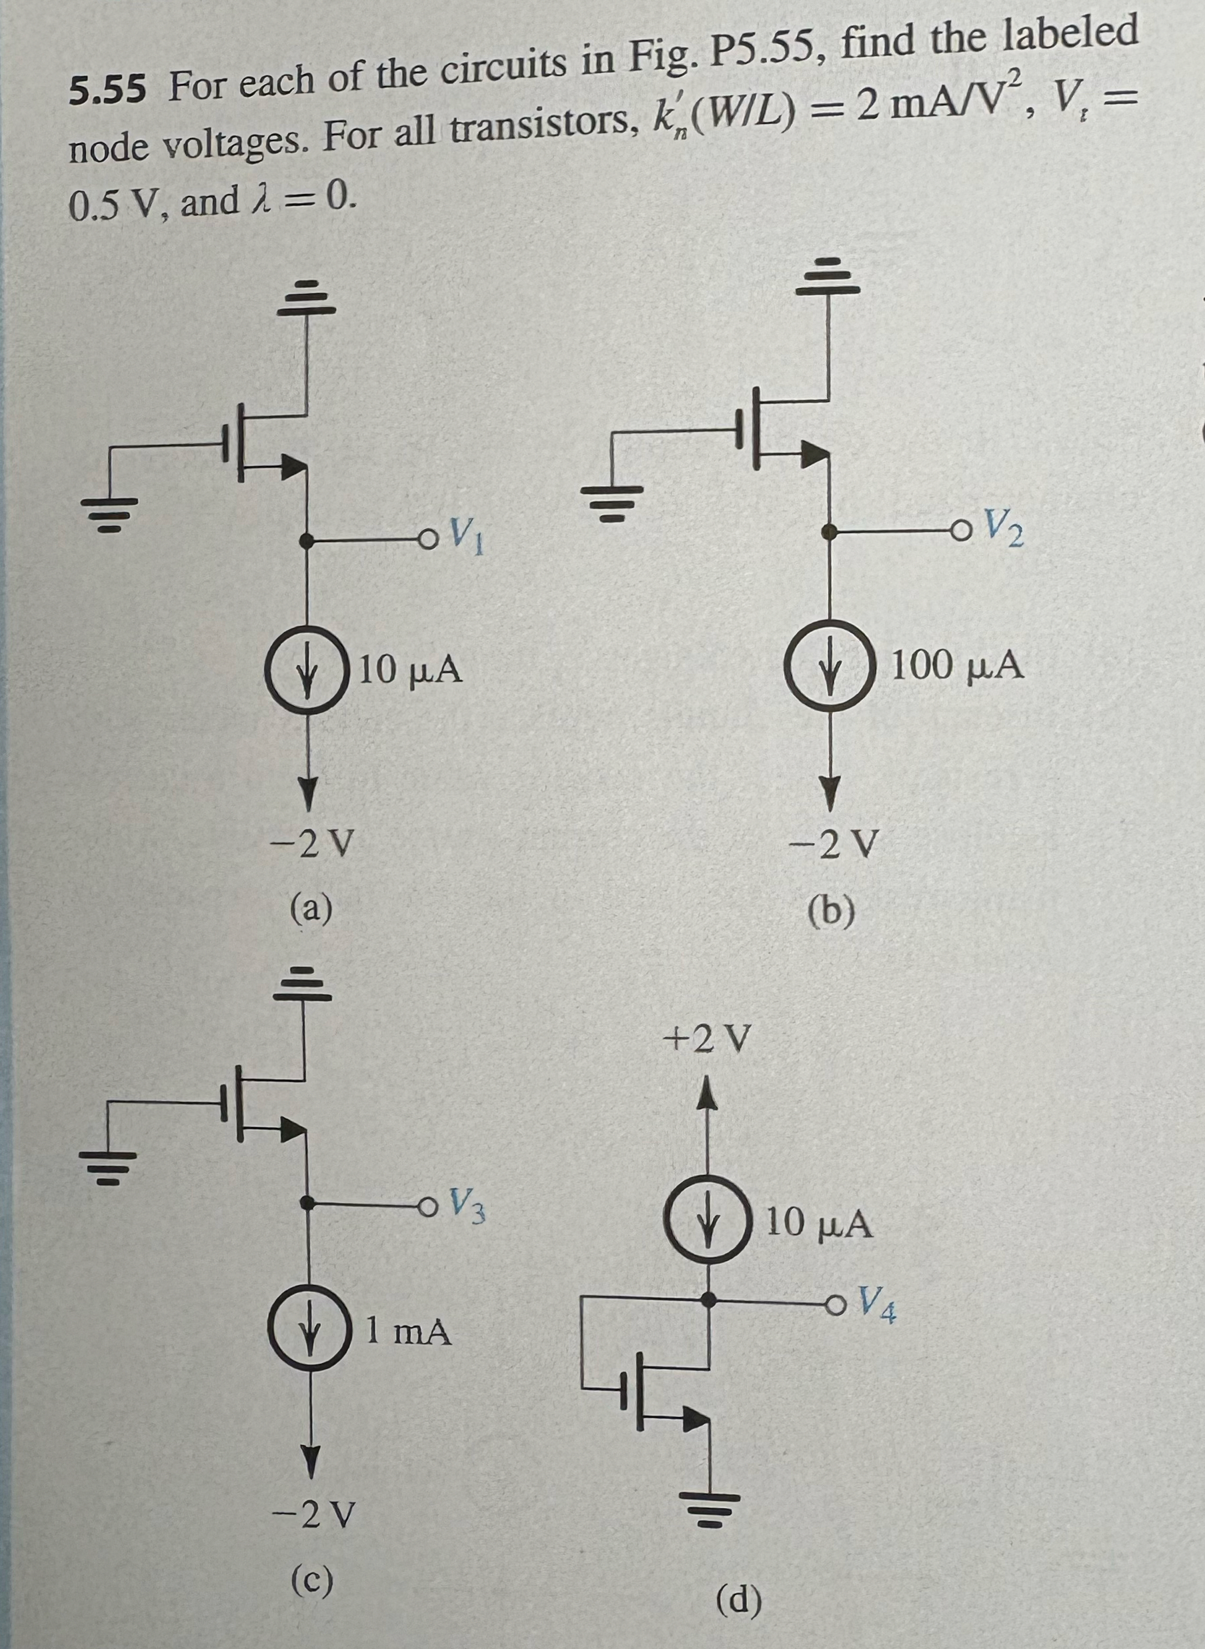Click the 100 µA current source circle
(830, 667)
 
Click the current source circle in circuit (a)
(305, 669)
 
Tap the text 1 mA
(409, 1332)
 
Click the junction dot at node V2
(830, 532)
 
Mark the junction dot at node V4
(708, 1297)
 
